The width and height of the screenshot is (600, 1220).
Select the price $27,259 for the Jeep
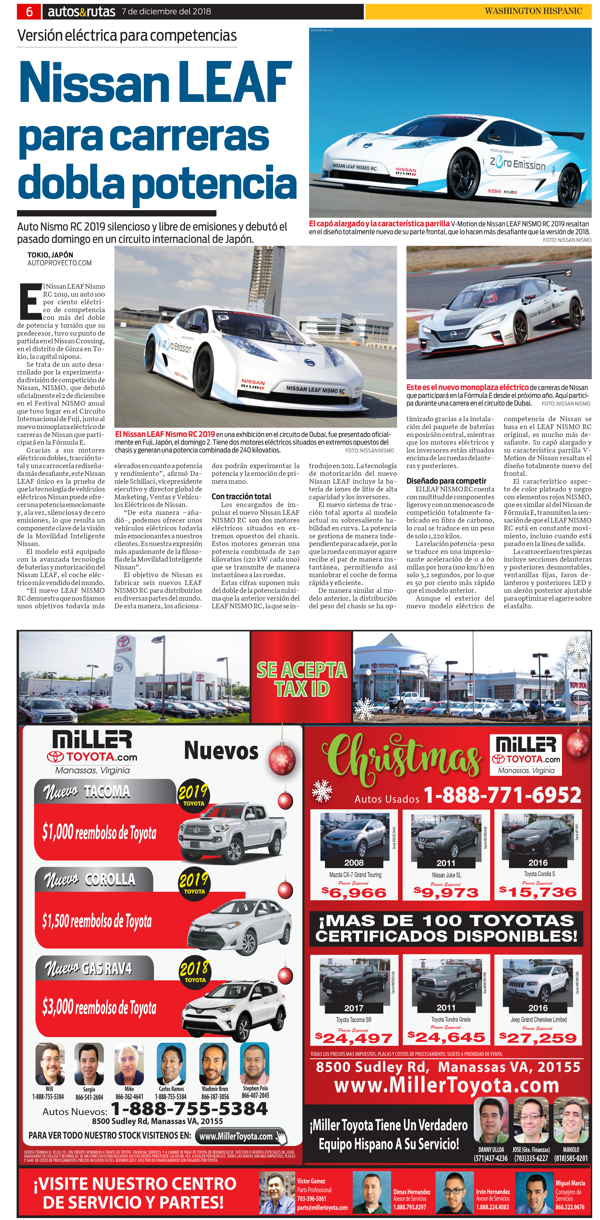click(538, 1038)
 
